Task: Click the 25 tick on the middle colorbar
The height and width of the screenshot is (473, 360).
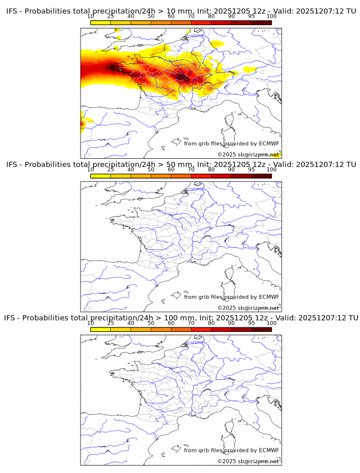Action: click(111, 170)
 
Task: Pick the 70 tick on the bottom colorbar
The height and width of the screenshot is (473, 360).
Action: click(191, 323)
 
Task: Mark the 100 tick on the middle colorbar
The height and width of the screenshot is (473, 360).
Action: click(271, 170)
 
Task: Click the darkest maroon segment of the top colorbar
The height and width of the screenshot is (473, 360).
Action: click(261, 22)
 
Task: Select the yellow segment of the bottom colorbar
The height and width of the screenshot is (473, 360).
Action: click(101, 329)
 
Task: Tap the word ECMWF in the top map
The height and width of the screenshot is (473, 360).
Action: click(269, 143)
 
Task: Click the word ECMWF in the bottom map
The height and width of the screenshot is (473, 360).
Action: click(269, 450)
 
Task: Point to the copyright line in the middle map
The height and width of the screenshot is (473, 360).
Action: click(248, 308)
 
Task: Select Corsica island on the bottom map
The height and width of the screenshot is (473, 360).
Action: click(231, 426)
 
